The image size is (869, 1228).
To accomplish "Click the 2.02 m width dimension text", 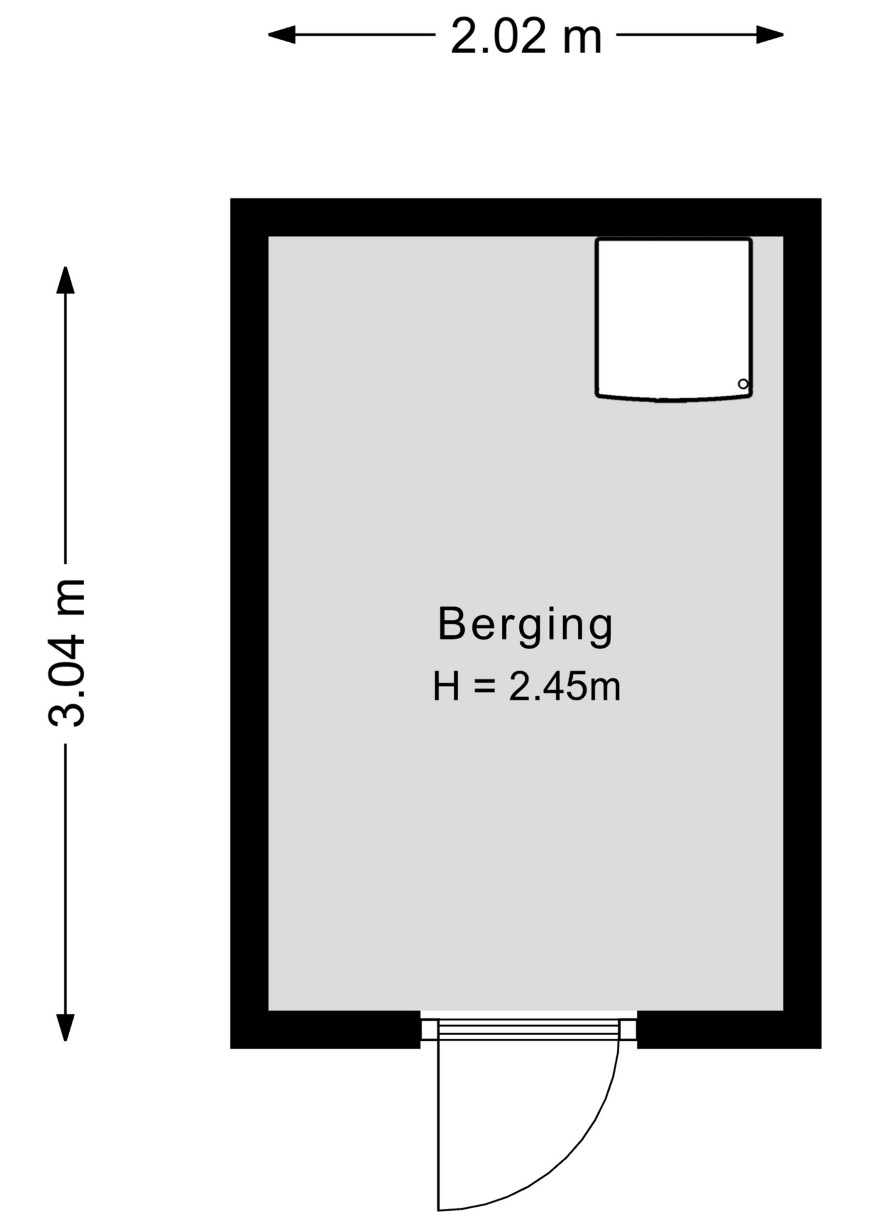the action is click(526, 36).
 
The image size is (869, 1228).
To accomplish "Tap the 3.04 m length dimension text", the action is click(67, 652).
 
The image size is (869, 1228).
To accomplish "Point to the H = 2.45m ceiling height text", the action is click(526, 688).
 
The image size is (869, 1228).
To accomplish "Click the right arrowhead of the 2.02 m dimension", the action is click(770, 35).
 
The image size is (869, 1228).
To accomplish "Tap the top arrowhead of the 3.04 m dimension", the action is click(65, 280).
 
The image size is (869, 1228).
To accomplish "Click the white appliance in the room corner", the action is click(673, 319).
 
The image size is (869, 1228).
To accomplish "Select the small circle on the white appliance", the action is click(743, 384).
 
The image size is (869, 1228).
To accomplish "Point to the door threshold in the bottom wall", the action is click(529, 1030).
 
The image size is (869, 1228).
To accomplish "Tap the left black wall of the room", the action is click(250, 624).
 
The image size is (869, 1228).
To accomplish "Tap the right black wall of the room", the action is click(802, 624).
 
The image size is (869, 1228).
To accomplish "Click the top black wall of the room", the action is click(526, 217).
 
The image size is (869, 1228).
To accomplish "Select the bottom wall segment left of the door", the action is click(326, 1030).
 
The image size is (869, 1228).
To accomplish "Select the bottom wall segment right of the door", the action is click(729, 1030).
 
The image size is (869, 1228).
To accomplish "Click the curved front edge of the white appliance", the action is click(673, 398).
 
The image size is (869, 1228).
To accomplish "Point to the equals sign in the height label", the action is click(485, 688).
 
